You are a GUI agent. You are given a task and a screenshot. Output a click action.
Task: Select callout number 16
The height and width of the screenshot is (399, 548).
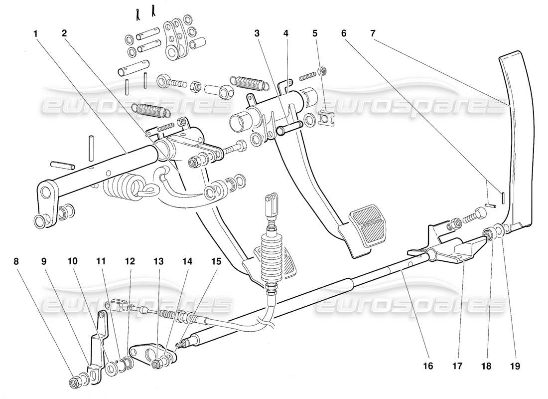[x=428, y=366]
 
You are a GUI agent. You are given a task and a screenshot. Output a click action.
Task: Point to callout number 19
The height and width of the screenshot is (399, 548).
[x=515, y=366]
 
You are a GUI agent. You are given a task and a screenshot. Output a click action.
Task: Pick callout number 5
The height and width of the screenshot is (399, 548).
[x=315, y=33]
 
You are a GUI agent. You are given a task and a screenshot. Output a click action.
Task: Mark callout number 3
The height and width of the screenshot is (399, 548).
[x=257, y=33]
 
